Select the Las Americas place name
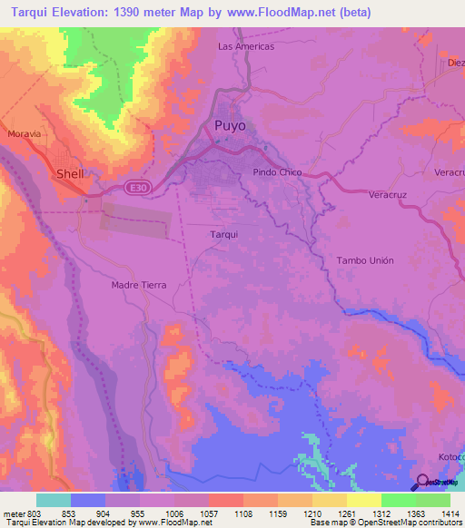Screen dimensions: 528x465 [246, 46]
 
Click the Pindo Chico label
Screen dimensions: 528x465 [277, 171]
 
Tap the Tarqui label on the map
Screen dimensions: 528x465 [223, 234]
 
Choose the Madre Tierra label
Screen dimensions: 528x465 [139, 285]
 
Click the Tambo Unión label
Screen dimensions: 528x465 [365, 260]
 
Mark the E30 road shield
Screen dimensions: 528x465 [135, 188]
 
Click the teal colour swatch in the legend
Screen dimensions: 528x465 [54, 500]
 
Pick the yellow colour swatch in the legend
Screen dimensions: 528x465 [363, 500]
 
